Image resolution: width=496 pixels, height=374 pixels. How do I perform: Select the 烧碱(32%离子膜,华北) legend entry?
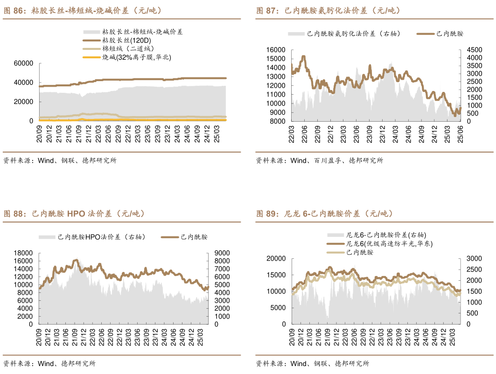136,57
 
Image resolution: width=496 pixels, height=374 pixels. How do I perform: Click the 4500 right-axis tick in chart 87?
475,49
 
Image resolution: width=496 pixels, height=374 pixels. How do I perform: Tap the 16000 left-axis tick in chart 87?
276,49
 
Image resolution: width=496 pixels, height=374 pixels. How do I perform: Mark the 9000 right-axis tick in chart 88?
222,253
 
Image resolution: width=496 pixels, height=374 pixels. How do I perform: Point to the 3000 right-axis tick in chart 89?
475,258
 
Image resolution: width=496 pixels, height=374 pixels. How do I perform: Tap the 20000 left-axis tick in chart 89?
276,258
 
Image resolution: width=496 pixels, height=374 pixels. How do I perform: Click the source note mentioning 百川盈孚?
319,160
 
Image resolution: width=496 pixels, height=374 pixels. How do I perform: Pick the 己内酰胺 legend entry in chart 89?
360,252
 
